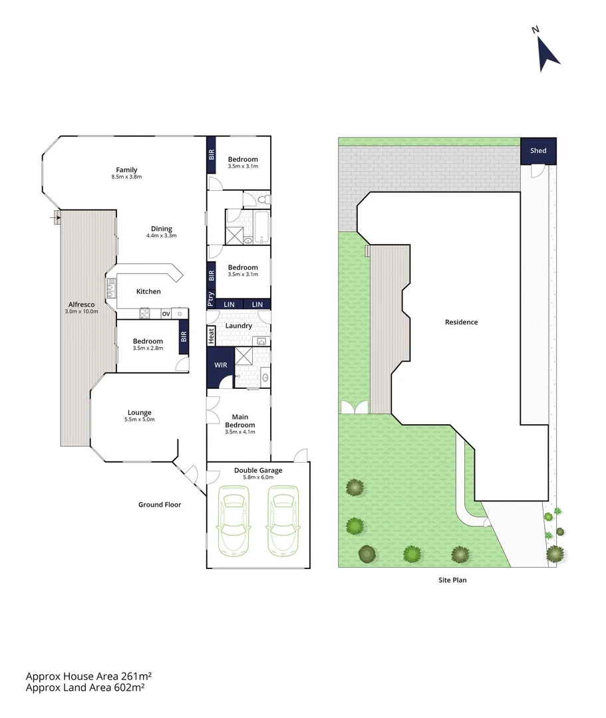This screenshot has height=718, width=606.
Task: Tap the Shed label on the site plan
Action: point(538,151)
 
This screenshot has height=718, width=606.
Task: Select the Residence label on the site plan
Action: point(461,322)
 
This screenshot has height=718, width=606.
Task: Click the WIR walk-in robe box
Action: point(220,365)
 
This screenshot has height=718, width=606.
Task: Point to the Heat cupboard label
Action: point(212,336)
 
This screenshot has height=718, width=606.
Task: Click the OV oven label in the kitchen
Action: point(166,314)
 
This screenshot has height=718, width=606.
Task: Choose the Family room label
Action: point(126,170)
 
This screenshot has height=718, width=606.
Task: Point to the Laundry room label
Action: point(239,326)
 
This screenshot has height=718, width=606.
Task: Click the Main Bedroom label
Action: point(239,421)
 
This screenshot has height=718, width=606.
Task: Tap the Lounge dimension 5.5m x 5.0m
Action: point(140,419)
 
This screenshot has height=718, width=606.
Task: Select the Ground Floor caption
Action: point(160,505)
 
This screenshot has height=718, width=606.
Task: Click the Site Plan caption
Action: point(452,580)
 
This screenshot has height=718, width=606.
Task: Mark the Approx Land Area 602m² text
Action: point(85,688)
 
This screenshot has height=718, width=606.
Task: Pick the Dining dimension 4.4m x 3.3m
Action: point(161,235)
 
